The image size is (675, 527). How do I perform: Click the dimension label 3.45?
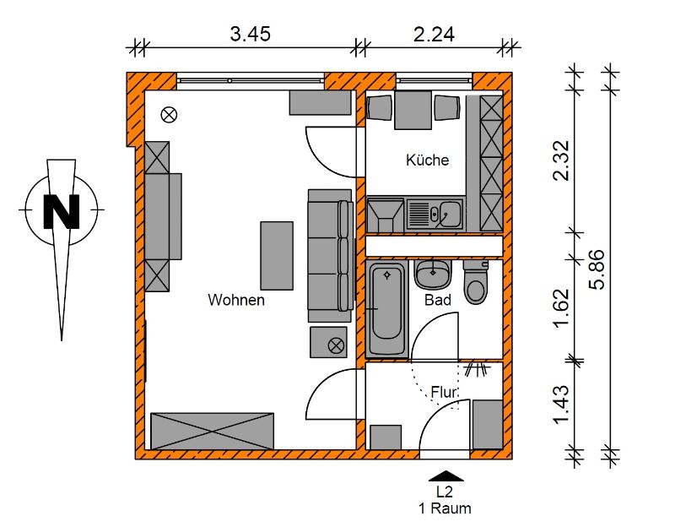click(x=250, y=34)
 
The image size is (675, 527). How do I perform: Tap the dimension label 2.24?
click(x=434, y=34)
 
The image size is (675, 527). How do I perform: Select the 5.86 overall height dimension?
click(x=597, y=269)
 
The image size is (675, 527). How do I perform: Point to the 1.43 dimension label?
click(x=561, y=405)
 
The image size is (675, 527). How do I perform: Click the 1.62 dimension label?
click(x=561, y=307)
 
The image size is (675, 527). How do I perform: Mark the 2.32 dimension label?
click(x=561, y=160)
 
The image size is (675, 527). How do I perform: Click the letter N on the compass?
click(x=62, y=211)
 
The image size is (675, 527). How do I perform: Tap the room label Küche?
click(x=427, y=160)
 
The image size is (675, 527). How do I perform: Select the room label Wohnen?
click(x=236, y=300)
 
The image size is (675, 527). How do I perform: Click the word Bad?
click(x=437, y=300)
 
